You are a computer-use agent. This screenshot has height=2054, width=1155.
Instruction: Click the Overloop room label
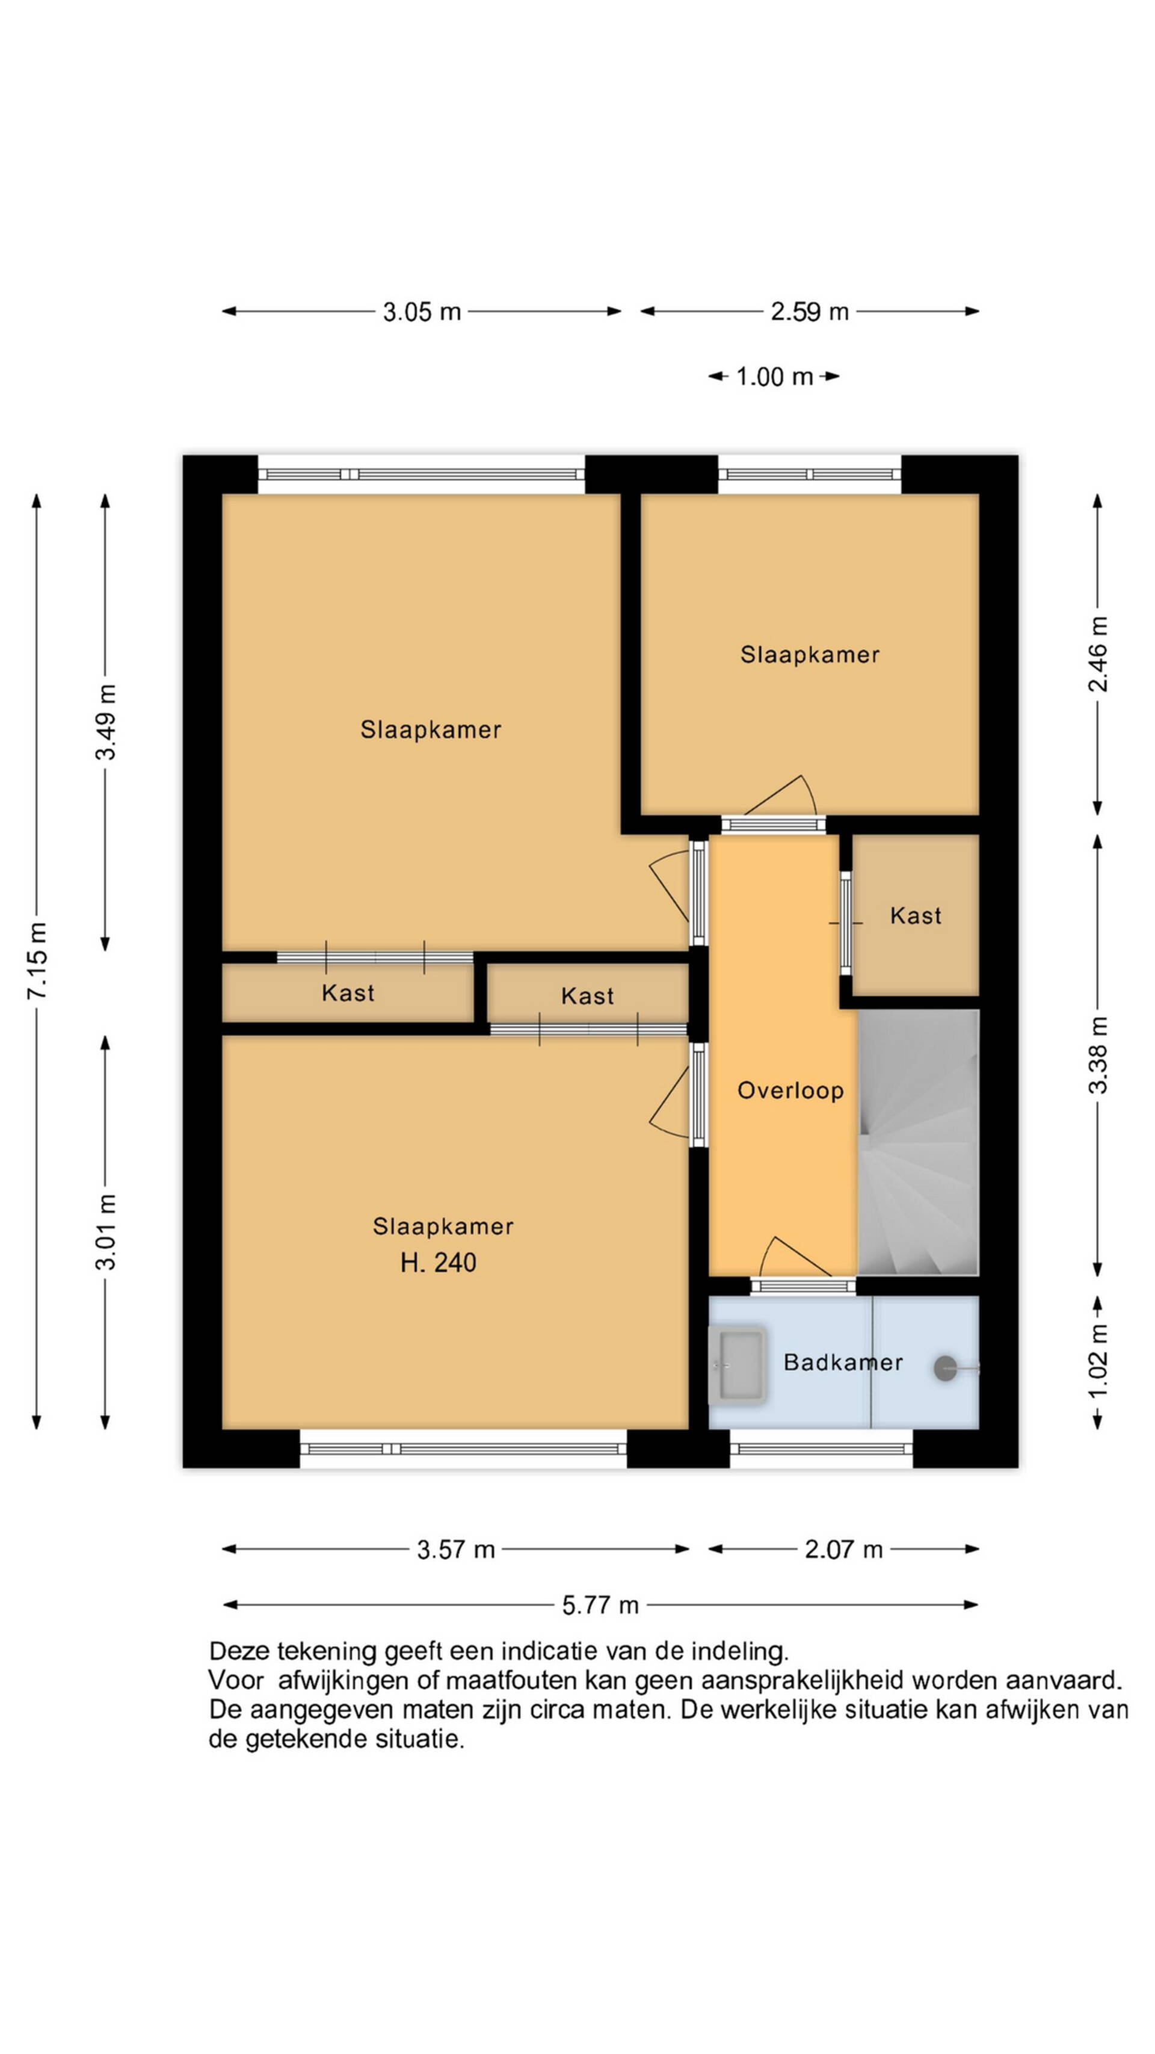(x=790, y=1090)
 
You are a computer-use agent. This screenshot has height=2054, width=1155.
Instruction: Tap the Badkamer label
(x=843, y=1362)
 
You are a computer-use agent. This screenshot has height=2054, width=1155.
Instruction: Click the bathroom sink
(x=738, y=1365)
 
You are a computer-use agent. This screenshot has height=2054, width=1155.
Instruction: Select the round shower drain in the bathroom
(x=946, y=1369)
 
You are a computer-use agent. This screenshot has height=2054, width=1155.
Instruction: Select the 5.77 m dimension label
(x=600, y=1604)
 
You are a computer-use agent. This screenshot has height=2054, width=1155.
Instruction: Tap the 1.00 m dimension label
(x=774, y=376)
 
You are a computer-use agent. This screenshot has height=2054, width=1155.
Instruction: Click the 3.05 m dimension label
(x=422, y=311)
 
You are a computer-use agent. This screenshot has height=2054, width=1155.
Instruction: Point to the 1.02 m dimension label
(x=1098, y=1361)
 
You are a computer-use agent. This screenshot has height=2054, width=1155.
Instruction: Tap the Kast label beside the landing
(x=916, y=915)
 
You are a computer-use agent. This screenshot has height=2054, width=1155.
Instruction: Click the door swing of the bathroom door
(x=794, y=1257)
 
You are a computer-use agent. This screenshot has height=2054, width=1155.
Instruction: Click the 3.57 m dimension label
(x=456, y=1549)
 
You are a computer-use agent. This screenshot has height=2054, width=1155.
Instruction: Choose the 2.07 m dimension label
(x=843, y=1549)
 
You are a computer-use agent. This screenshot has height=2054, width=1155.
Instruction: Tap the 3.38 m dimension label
(x=1098, y=1055)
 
